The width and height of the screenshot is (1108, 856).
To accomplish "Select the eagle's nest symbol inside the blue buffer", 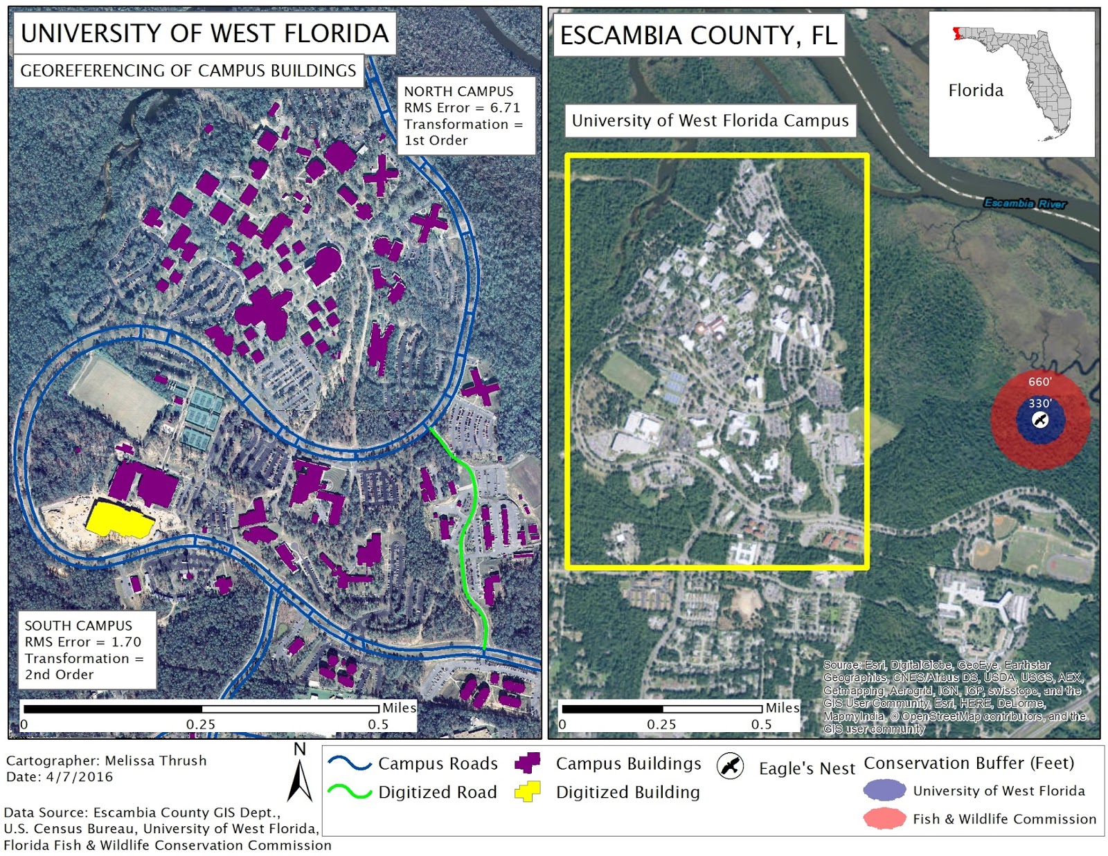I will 1039,419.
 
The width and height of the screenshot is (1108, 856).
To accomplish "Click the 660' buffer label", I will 1039,381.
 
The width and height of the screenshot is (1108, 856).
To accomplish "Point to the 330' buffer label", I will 1039,403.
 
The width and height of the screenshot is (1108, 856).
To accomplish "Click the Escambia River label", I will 1025,203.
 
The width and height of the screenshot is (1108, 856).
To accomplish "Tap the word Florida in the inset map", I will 975,91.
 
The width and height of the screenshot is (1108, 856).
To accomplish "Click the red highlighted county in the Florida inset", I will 956,33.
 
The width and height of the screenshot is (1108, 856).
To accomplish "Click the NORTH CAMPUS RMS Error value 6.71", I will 505,108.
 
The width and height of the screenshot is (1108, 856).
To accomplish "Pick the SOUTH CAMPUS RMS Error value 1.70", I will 126,642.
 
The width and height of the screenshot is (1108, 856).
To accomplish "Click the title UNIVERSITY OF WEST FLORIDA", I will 204,33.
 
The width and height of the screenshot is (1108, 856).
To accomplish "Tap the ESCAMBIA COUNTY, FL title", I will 698,35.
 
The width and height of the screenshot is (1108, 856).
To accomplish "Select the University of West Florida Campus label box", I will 710,120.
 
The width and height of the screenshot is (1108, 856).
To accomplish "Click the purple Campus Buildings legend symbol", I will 527,763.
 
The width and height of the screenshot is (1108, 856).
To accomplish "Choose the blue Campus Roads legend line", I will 350,763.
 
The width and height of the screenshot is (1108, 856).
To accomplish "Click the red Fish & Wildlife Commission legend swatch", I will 884,819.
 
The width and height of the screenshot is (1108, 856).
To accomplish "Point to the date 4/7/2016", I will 79,776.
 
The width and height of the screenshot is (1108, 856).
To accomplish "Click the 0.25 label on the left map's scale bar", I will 200,725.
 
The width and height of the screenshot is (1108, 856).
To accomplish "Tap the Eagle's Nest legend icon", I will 730,766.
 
